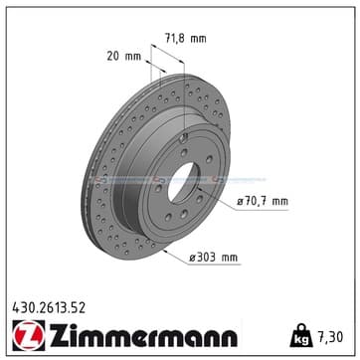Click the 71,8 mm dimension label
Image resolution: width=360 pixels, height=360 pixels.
[186, 39]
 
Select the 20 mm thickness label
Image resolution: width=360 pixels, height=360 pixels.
[124, 57]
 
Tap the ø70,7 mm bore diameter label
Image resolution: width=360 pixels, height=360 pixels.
[263, 201]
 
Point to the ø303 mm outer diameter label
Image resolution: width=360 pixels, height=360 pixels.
[213, 258]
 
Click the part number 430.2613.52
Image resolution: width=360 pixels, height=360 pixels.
[49, 308]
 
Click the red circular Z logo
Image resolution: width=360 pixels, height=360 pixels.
[29, 335]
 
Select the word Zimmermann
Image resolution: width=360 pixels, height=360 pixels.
[143, 334]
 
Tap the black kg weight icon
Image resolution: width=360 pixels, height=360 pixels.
[301, 335]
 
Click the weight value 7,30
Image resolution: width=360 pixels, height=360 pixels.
[330, 337]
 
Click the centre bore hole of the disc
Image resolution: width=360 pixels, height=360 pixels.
[184, 183]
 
